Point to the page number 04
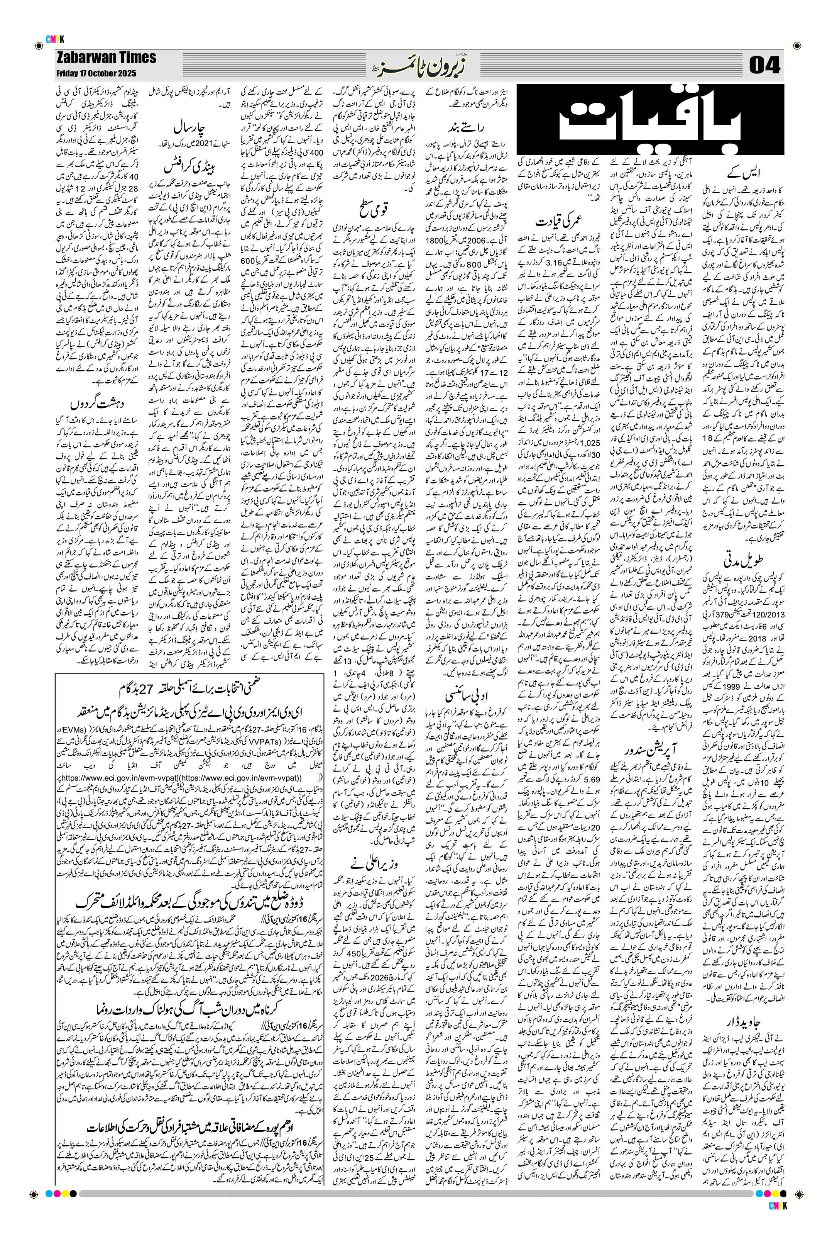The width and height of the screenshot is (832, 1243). [765, 66]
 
